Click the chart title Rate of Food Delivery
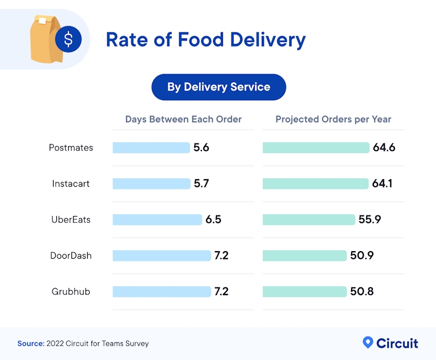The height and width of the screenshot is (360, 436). point(206,40)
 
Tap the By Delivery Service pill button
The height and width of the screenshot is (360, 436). point(219,87)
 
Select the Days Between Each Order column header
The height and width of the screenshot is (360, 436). point(183,119)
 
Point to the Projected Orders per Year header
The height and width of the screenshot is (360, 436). point(333,119)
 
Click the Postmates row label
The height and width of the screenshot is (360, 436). point(71,148)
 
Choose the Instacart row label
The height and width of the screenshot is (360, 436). point(71,184)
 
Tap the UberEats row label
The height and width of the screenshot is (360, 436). point(71,220)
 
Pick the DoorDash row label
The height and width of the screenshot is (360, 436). point(71,256)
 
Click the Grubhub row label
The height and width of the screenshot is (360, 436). point(71,292)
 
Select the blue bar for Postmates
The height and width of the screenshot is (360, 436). point(151,148)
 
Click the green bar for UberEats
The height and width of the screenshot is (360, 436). point(309,220)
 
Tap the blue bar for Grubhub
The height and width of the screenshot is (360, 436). point(162,292)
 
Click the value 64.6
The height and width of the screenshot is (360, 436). point(384,148)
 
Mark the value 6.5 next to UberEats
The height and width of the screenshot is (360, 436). point(213,220)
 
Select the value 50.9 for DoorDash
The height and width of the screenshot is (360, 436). point(362,256)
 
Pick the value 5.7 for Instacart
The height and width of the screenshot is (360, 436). point(201,184)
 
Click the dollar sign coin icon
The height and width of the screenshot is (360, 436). point(68,40)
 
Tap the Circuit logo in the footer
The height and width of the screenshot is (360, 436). point(390,343)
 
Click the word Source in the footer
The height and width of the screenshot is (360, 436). point(30,343)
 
